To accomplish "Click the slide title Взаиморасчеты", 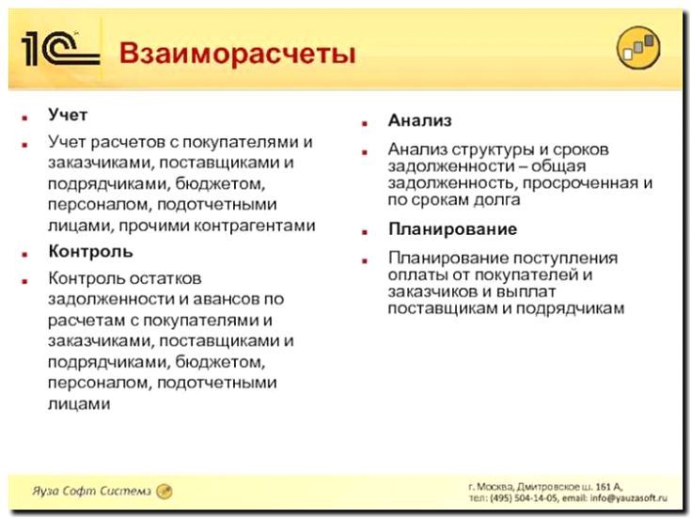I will point(237,53).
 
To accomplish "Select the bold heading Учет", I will point(68,116).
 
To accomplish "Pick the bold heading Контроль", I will point(90,252).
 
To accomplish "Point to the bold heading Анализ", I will point(420,121).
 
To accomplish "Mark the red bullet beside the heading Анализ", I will point(365,122).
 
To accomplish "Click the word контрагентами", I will point(257,226).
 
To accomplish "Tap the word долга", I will point(497,200).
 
